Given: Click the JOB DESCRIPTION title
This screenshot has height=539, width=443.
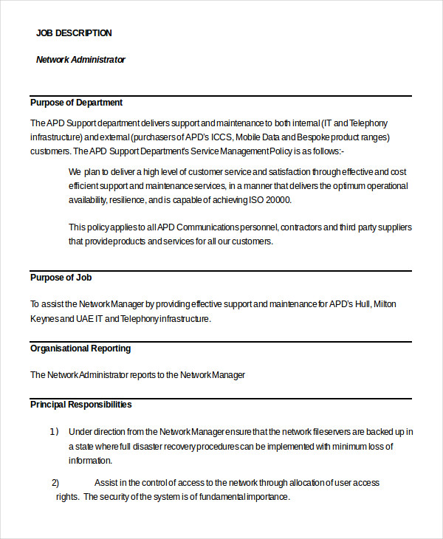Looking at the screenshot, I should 74,33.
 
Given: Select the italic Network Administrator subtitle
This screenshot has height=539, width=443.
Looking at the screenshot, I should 80,60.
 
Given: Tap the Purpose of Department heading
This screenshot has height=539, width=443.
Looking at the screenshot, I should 76,103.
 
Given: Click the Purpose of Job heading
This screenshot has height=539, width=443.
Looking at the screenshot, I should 61,278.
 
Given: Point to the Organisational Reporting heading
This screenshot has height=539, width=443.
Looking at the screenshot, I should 80,349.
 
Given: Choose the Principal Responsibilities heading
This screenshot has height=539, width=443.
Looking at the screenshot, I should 80,405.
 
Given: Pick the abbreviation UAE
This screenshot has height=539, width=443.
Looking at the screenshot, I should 87,319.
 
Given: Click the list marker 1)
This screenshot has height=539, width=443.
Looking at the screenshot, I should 54,432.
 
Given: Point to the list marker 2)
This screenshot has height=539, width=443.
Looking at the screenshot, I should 55,483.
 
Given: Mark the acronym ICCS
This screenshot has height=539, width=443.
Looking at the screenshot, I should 221,137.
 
